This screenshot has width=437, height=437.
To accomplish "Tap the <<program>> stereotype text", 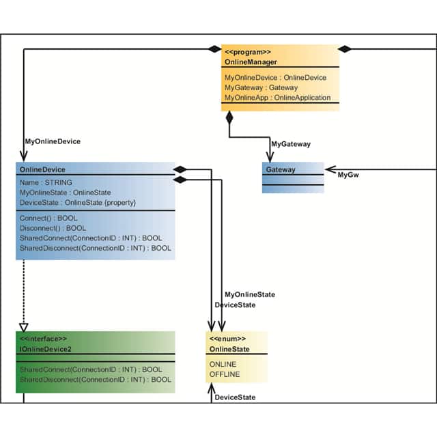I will click(x=248, y=52).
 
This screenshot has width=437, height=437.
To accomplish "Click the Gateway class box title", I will click(x=281, y=169).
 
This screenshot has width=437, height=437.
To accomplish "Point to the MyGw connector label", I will click(x=348, y=175).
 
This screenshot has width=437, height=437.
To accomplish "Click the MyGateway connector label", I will click(x=291, y=144).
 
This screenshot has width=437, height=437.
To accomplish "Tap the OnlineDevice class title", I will click(x=43, y=169).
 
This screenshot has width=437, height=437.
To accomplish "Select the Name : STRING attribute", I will click(x=46, y=183).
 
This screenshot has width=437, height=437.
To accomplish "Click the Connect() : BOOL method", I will click(x=48, y=218).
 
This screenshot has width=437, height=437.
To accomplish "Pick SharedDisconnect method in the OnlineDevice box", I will click(x=96, y=249).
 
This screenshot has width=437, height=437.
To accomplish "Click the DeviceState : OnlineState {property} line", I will click(x=79, y=203).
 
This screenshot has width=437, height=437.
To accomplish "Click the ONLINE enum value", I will click(x=223, y=365).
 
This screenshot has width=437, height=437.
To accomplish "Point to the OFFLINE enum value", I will click(x=225, y=374).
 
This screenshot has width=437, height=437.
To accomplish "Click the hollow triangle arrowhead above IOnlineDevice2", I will click(x=24, y=326).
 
